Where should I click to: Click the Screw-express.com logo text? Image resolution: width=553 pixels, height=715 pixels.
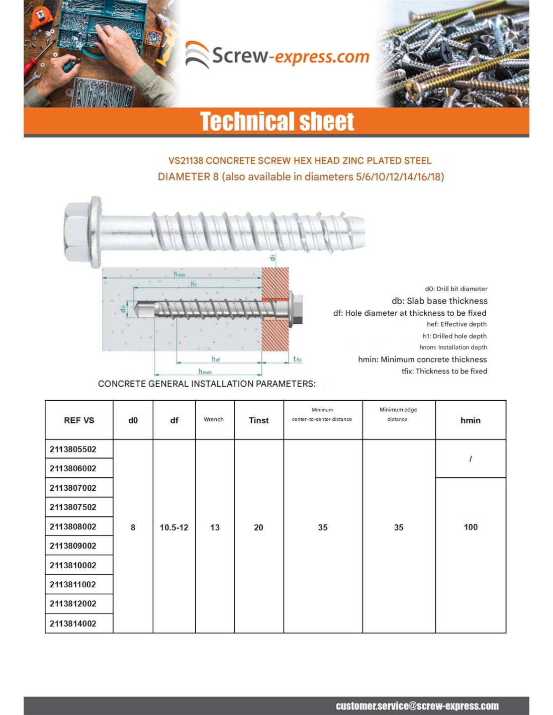tap(290, 56)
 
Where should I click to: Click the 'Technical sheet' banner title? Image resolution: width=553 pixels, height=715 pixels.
tap(277, 121)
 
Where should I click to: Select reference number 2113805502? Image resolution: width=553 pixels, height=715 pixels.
tap(73, 449)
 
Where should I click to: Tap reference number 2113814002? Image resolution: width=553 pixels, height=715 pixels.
tap(73, 623)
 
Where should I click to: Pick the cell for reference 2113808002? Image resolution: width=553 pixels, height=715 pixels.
tap(73, 526)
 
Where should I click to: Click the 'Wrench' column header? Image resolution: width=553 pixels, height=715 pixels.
tap(214, 419)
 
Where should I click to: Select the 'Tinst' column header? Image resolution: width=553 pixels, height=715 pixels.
tap(259, 420)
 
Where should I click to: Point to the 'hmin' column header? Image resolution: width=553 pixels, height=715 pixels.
tap(471, 420)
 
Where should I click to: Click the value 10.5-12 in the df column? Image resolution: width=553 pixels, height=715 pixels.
tap(174, 527)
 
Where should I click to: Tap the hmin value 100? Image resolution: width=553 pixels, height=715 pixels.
tap(471, 527)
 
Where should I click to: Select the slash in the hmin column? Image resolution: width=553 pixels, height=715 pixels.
tap(471, 459)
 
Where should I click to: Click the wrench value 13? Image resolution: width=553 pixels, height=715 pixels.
tap(215, 527)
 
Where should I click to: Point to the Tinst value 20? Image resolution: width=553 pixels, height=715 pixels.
tap(258, 527)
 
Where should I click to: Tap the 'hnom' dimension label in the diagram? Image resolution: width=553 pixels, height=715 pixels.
tap(205, 372)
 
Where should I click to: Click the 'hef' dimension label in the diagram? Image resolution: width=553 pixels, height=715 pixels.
tap(216, 359)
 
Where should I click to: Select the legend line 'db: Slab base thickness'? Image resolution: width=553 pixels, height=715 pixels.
tap(439, 301)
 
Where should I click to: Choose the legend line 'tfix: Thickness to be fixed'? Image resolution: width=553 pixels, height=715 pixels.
tap(444, 371)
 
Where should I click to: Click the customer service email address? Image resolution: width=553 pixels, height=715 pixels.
tap(417, 706)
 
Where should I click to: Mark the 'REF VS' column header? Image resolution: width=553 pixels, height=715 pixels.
tap(79, 420)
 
